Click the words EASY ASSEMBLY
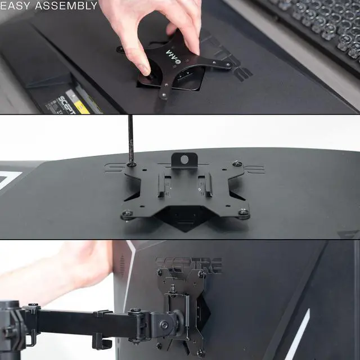point(49,6)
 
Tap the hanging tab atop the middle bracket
point(182,160)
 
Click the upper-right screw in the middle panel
point(237,164)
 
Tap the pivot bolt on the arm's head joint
point(164,325)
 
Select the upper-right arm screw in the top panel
point(228,65)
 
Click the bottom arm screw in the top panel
point(164,96)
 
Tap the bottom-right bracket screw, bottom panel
point(200,352)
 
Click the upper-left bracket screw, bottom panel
point(160,272)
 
